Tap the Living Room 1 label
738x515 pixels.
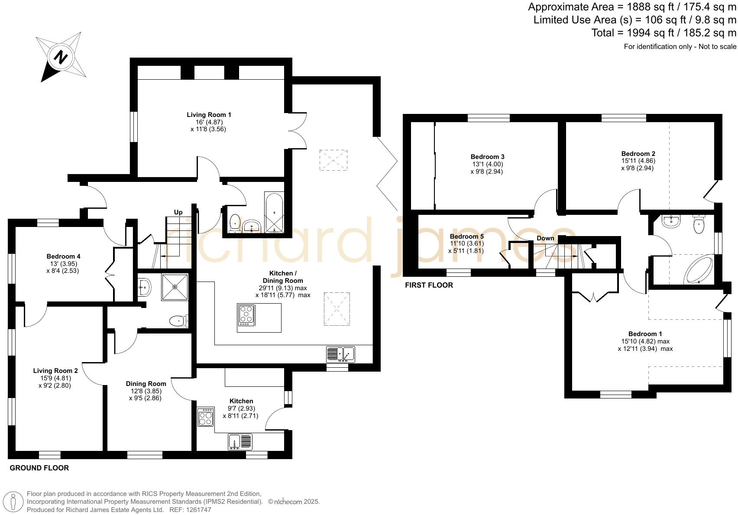(209, 115)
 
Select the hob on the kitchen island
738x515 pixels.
(246, 315)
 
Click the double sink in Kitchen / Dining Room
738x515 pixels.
(340, 354)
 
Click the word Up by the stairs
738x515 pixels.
(178, 212)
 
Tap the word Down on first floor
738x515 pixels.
(545, 238)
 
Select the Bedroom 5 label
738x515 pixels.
(466, 236)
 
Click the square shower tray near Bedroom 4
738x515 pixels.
(175, 287)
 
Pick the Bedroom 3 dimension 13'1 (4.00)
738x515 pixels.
(487, 164)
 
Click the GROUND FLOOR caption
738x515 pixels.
(39, 468)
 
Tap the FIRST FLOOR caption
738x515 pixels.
(429, 285)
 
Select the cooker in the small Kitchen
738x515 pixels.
(205, 417)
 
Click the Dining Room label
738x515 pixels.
(146, 384)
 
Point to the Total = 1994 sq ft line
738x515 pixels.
(664, 33)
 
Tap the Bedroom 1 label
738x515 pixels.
(645, 334)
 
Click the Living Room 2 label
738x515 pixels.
(55, 371)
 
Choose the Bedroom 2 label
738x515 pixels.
(638, 154)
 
